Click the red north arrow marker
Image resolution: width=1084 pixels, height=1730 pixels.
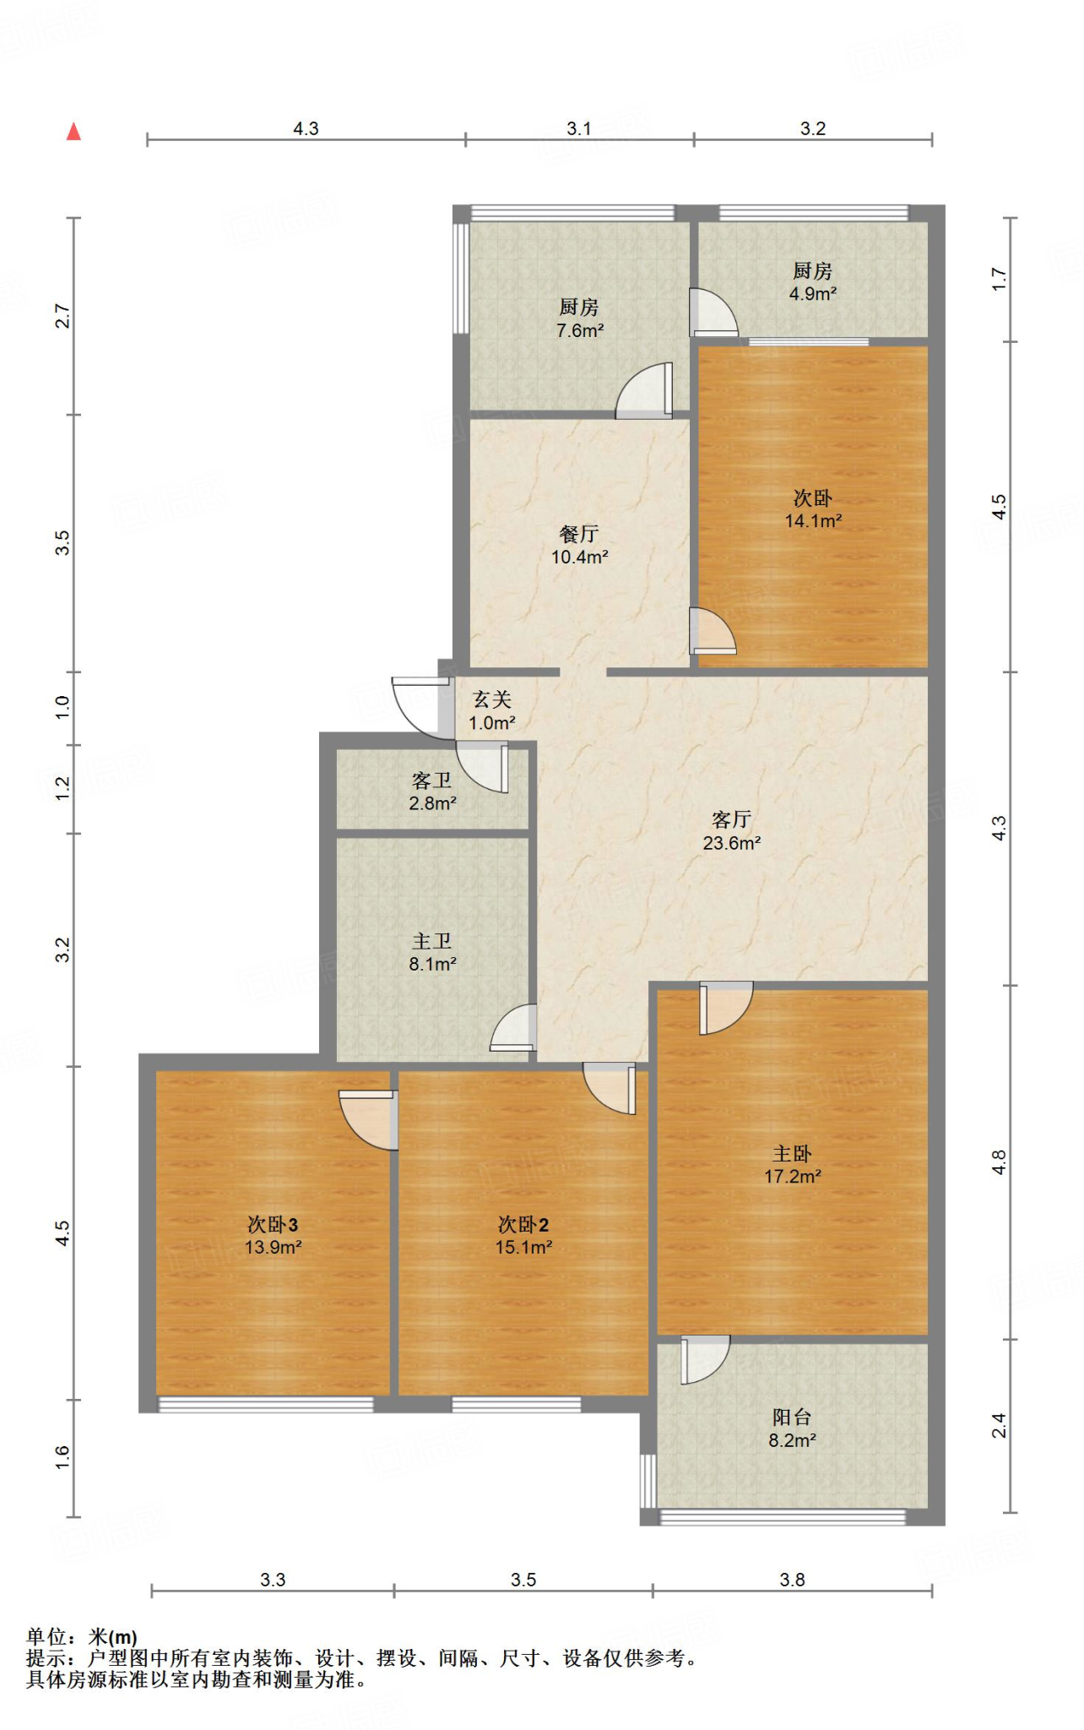pyautogui.click(x=73, y=131)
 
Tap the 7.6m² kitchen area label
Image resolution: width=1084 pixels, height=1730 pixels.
pyautogui.click(x=580, y=331)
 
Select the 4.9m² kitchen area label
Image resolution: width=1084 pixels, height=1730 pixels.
pyautogui.click(x=813, y=294)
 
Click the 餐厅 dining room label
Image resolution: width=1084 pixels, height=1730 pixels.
pyautogui.click(x=579, y=534)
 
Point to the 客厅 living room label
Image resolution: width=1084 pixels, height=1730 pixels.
pyautogui.click(x=732, y=819)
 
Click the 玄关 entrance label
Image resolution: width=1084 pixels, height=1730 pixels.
pyautogui.click(x=492, y=699)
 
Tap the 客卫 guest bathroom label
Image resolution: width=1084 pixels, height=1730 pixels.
pyautogui.click(x=432, y=781)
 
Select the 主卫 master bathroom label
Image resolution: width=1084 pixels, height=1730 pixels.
pyautogui.click(x=432, y=941)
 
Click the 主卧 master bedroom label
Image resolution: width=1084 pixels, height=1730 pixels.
pyautogui.click(x=792, y=1153)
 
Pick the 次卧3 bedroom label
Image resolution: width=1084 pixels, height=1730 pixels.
pyautogui.click(x=273, y=1224)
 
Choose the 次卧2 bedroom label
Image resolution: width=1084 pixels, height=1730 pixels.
pyautogui.click(x=523, y=1224)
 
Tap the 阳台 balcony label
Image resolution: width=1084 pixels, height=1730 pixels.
pyautogui.click(x=792, y=1417)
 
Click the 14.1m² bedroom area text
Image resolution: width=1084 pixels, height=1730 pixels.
pyautogui.click(x=814, y=521)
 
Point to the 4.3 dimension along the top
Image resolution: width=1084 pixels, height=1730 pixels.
pyautogui.click(x=306, y=128)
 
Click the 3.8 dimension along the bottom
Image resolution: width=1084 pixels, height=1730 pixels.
pyautogui.click(x=792, y=1580)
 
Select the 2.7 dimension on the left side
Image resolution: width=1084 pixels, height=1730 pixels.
pyautogui.click(x=62, y=316)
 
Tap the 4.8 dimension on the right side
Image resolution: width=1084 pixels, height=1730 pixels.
pyautogui.click(x=999, y=1162)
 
